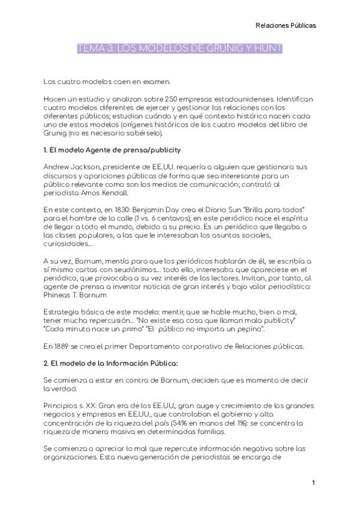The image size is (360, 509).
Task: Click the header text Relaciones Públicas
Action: (286, 25)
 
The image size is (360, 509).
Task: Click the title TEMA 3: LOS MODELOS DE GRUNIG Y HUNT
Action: (180, 48)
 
